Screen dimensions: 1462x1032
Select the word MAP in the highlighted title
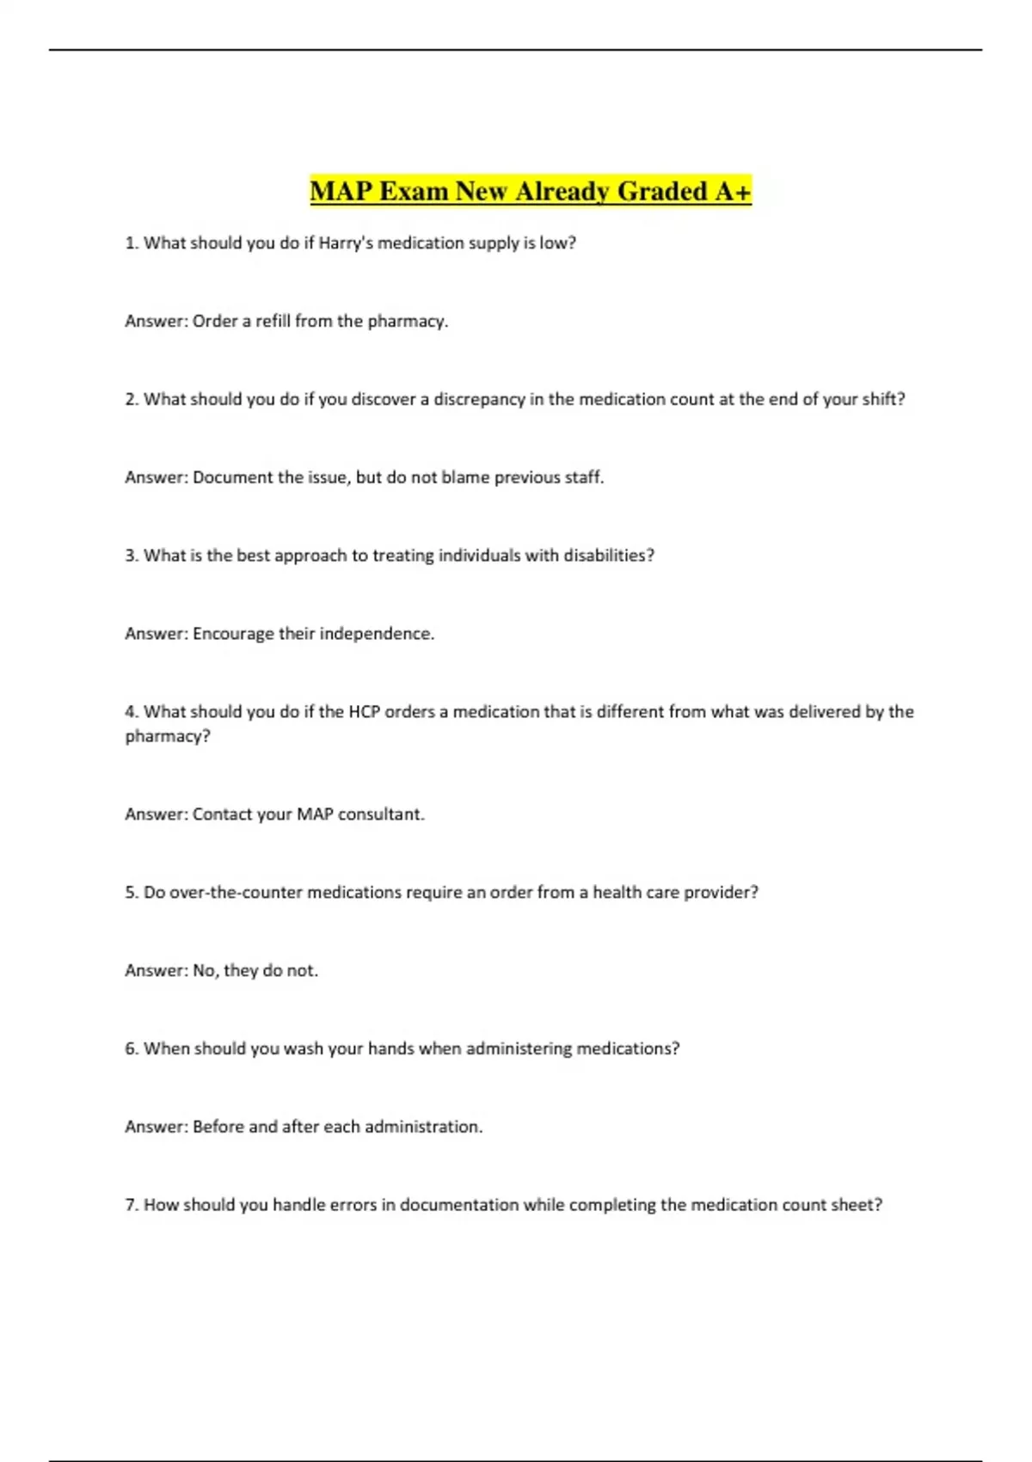pyautogui.click(x=341, y=191)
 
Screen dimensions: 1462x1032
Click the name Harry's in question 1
pyautogui.click(x=346, y=243)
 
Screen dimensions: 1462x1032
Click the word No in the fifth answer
pyautogui.click(x=204, y=971)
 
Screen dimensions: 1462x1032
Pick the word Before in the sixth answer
pyautogui.click(x=218, y=1127)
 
